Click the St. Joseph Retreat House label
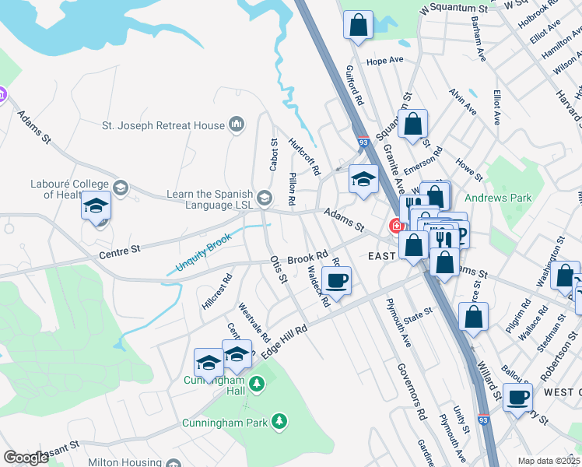pos(163,125)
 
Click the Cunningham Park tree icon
pos(279,422)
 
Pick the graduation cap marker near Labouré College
pos(96,206)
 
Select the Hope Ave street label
pos(384,60)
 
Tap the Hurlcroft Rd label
pos(304,156)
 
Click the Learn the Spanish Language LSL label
pos(209,199)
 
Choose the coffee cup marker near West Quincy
pos(517,398)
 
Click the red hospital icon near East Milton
pos(395,226)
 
